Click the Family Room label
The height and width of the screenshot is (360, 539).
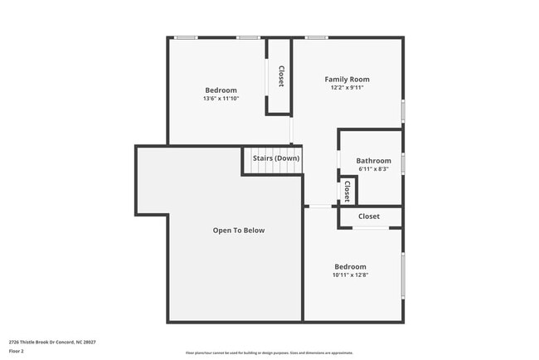coord(347,79)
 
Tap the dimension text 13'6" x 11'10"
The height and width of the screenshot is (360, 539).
coord(221,99)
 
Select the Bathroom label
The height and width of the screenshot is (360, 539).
coord(373,161)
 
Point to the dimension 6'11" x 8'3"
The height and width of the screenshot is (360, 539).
coord(373,169)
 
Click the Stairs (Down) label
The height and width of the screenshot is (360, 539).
coord(276,158)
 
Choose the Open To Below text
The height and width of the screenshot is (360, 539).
coord(239,230)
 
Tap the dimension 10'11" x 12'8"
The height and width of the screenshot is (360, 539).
coord(350,275)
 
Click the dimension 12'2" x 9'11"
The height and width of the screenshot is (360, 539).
coord(347,87)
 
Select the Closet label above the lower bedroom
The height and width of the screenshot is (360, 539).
coord(369,216)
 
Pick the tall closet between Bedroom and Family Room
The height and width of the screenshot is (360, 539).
coord(280,76)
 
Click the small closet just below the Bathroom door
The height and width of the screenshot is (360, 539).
coord(347,192)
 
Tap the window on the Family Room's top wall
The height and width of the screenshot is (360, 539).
coord(315,37)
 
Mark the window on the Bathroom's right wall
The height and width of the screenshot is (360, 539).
coord(403,163)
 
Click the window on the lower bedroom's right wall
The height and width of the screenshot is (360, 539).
coord(403,275)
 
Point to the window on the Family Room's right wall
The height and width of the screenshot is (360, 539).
coord(403,110)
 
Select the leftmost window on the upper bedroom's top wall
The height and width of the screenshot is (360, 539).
coord(186,37)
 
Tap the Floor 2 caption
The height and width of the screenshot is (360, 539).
coord(17,351)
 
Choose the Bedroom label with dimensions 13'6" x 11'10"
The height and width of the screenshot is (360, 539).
coord(221,90)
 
